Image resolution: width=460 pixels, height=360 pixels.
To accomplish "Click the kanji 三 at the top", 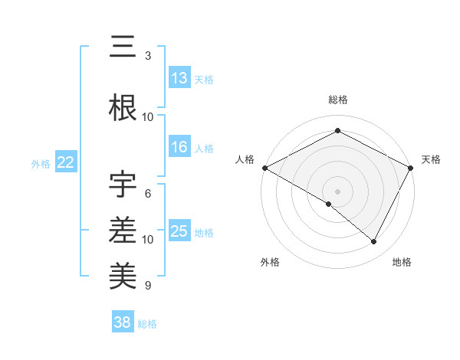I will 123,47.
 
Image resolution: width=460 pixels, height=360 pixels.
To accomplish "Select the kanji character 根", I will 123,108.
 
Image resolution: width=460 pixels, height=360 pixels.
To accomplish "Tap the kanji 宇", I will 123,184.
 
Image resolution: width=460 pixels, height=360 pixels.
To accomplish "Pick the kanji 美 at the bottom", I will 123,273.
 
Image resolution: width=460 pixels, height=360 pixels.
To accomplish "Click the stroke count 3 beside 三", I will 147,56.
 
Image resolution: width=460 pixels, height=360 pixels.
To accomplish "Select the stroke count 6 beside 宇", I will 147,193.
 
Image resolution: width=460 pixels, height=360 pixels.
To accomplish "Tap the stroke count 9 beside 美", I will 147,286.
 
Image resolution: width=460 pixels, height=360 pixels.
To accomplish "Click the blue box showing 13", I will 179,78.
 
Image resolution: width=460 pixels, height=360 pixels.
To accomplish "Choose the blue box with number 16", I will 179,147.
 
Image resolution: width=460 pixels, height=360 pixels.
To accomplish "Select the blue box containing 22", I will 66,162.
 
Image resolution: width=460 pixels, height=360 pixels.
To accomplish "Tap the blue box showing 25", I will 179,231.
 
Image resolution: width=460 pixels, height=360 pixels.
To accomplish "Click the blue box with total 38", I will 122,323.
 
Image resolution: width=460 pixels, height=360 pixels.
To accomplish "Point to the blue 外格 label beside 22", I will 41,163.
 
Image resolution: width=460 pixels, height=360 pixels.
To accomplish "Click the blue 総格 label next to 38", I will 147,324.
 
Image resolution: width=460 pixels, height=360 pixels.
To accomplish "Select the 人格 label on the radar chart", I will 245,159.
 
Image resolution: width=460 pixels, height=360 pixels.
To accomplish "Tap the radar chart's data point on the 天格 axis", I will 411,168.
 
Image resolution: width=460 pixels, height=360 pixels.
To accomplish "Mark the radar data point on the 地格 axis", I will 374,241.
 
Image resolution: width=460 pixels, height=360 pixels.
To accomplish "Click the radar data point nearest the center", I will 329,204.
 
